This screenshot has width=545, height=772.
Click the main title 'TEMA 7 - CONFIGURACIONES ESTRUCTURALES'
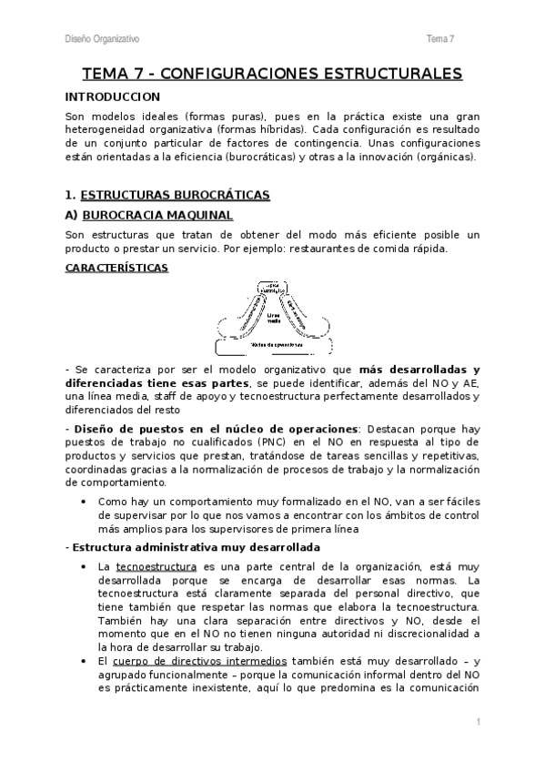[x=272, y=74]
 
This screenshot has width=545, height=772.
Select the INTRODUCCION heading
[x=113, y=96]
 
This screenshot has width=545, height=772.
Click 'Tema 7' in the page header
[x=440, y=38]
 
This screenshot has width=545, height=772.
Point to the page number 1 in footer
[x=477, y=721]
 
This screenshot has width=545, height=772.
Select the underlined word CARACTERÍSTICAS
[x=116, y=269]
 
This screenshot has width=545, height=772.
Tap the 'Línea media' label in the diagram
[x=271, y=319]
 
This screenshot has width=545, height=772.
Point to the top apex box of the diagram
[x=271, y=289]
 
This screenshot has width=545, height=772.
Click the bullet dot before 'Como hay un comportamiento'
[x=84, y=502]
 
